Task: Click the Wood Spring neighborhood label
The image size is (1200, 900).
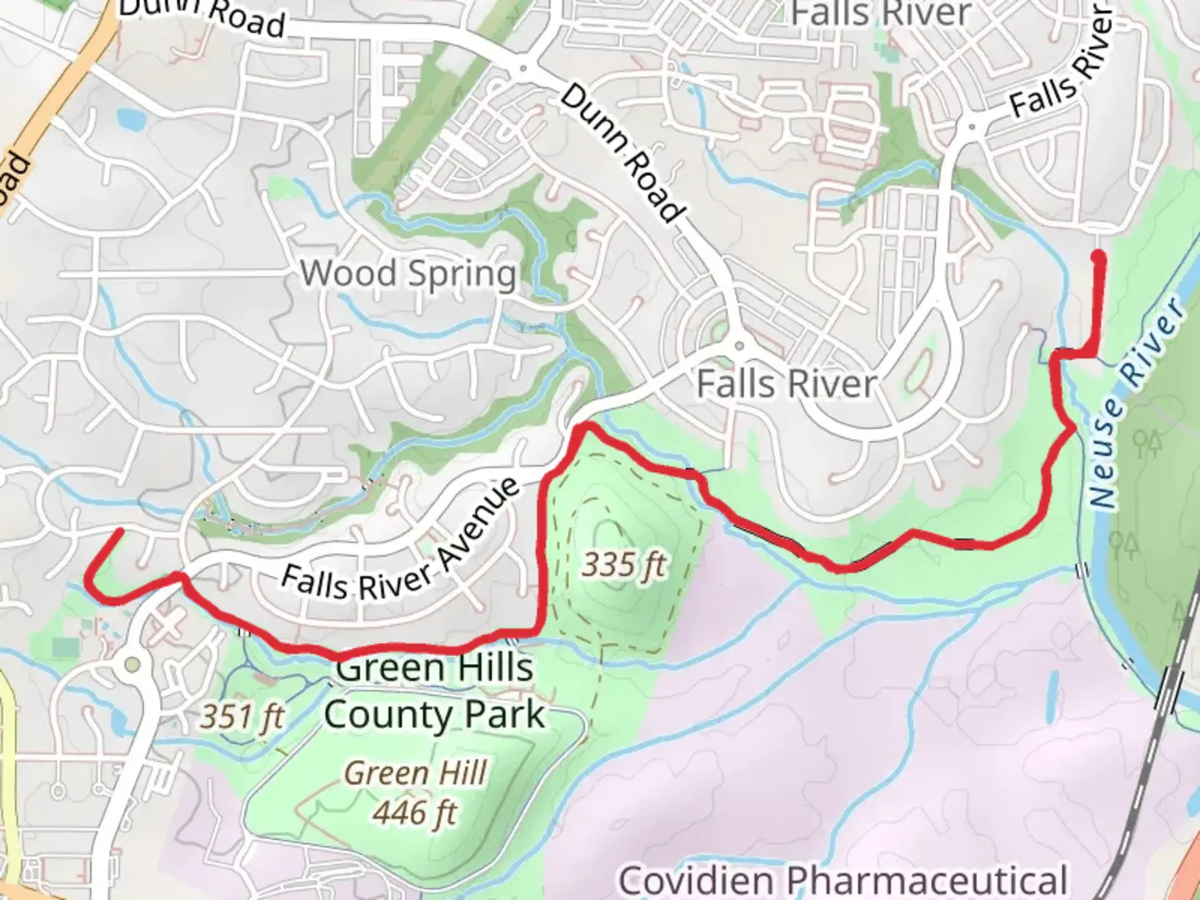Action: coord(408,273)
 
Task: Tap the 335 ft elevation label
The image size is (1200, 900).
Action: coord(623,565)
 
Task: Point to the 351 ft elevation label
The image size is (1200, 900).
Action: coord(242,716)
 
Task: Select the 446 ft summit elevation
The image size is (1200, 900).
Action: coord(414,812)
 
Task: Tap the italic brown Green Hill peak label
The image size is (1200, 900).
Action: coord(415,773)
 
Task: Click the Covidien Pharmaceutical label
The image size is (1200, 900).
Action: coord(842,880)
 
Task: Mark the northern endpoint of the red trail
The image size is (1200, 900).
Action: coord(1099,255)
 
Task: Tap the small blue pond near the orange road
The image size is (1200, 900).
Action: coord(131,119)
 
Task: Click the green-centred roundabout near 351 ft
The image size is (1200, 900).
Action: coord(132,665)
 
